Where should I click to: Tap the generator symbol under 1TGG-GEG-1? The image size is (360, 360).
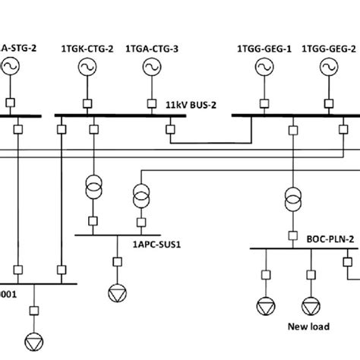(x=263, y=69)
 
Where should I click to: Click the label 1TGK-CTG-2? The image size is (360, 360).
(x=86, y=49)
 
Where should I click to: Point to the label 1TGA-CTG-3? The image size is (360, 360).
(x=152, y=49)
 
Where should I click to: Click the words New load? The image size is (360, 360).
(x=307, y=327)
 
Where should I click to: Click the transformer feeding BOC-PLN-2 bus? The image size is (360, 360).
(x=292, y=199)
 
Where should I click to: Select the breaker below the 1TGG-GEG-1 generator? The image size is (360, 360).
(x=263, y=101)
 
